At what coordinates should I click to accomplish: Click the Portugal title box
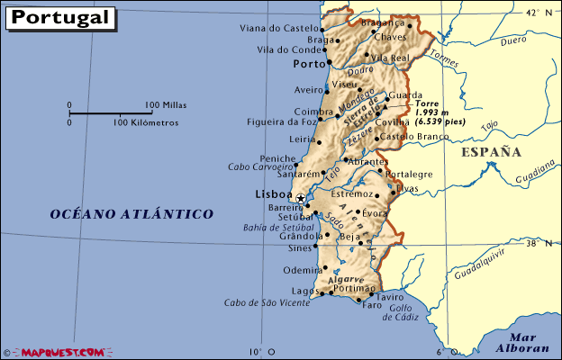pyautogui.click(x=60, y=18)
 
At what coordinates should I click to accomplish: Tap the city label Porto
pyautogui.click(x=309, y=65)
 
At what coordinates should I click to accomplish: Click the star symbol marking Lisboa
pyautogui.click(x=300, y=197)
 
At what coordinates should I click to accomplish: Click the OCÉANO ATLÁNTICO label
pyautogui.click(x=131, y=214)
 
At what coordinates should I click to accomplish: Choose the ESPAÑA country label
pyautogui.click(x=491, y=152)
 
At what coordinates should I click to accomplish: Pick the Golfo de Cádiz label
pyautogui.click(x=402, y=312)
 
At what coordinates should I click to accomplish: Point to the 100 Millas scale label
pyautogui.click(x=165, y=105)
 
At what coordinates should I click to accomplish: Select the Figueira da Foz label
pyautogui.click(x=281, y=121)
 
